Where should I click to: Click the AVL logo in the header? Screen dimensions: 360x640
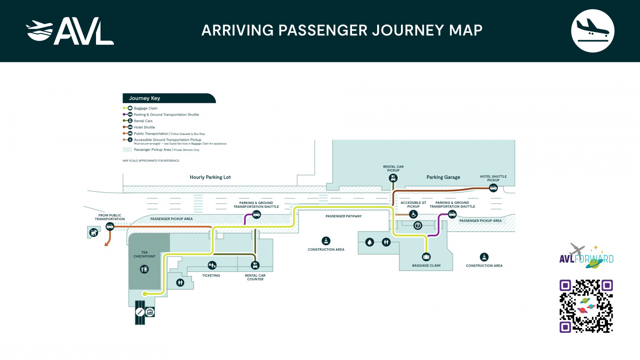[x=70, y=31]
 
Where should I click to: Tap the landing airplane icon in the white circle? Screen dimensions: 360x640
[x=592, y=31]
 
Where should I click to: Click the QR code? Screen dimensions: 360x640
[x=586, y=306]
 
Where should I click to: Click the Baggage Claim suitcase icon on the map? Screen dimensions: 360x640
[x=426, y=257]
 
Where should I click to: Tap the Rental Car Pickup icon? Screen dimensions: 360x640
[x=393, y=178]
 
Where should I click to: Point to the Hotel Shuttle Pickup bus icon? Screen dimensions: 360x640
[x=493, y=188]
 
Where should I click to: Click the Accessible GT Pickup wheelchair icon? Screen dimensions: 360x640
[x=413, y=215]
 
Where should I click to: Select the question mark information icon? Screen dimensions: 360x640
[x=418, y=226]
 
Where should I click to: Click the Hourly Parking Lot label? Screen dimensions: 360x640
[x=210, y=177]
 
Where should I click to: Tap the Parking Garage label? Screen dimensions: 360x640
[x=443, y=177]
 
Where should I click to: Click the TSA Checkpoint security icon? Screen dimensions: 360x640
[x=144, y=269]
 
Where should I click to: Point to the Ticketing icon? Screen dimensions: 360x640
[x=212, y=265]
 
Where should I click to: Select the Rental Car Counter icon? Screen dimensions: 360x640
[x=255, y=265]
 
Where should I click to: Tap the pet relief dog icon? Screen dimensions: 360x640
[x=93, y=233]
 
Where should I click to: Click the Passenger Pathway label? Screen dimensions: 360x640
[x=343, y=216]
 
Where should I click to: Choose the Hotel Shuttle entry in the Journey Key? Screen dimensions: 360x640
[x=144, y=127]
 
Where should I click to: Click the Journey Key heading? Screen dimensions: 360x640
[x=145, y=98]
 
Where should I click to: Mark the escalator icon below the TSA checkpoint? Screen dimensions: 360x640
[x=140, y=312]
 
